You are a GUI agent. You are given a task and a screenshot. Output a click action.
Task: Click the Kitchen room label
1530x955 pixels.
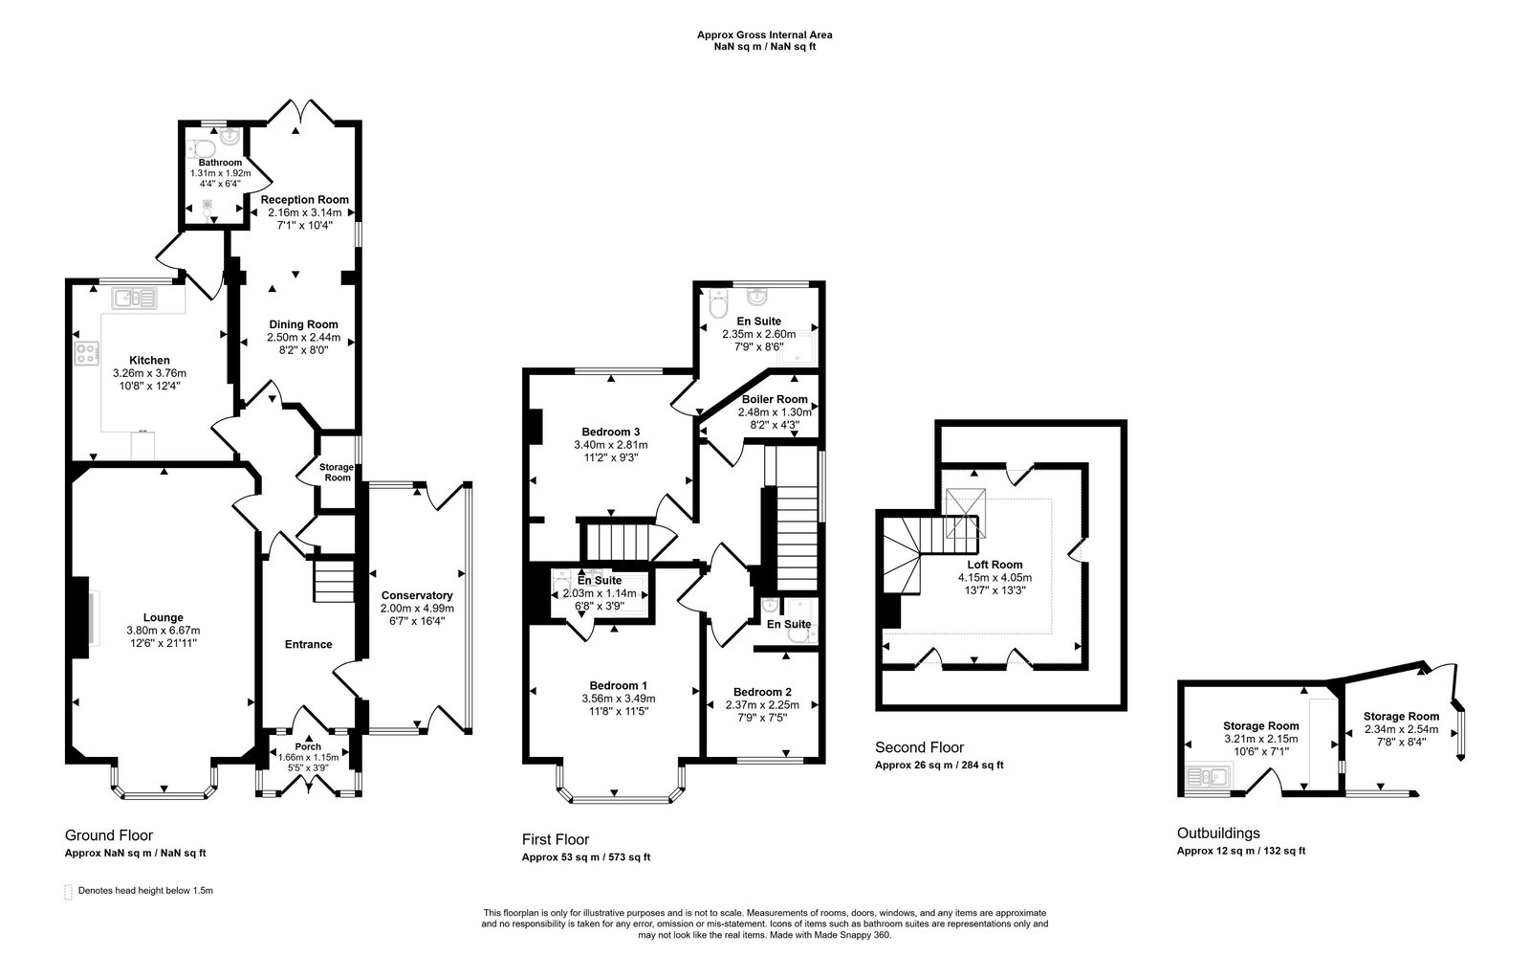pyautogui.click(x=149, y=361)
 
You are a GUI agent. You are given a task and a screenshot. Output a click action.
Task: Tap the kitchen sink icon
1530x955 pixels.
pyautogui.click(x=135, y=300)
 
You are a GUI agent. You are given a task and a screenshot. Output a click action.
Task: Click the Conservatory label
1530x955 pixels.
pyautogui.click(x=416, y=595)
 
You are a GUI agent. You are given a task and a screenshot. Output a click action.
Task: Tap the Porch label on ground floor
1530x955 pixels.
pyautogui.click(x=308, y=746)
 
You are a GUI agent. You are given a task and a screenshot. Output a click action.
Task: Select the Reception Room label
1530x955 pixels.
pyautogui.click(x=305, y=199)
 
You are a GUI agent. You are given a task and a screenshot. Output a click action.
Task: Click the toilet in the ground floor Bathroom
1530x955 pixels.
pyautogui.click(x=200, y=147)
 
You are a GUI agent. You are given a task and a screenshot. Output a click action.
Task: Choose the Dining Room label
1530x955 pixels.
pyautogui.click(x=303, y=324)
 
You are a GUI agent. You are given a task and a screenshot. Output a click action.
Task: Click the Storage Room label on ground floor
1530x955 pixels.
pyautogui.click(x=337, y=472)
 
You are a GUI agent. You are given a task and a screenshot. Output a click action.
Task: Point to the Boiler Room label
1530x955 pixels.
pyautogui.click(x=775, y=399)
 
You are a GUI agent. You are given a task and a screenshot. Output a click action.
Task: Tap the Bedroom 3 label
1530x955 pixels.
pyautogui.click(x=610, y=432)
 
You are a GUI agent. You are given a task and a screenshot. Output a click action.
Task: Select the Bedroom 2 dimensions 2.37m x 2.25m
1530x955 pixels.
pyautogui.click(x=762, y=705)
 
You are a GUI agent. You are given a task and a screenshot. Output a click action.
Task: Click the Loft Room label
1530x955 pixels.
pyautogui.click(x=994, y=565)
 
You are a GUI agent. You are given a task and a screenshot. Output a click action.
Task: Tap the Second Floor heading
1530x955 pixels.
pyautogui.click(x=919, y=747)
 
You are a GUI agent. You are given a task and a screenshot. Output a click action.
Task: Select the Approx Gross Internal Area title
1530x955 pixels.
pyautogui.click(x=764, y=34)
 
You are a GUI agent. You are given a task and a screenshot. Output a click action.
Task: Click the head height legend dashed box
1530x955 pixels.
pyautogui.click(x=68, y=891)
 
